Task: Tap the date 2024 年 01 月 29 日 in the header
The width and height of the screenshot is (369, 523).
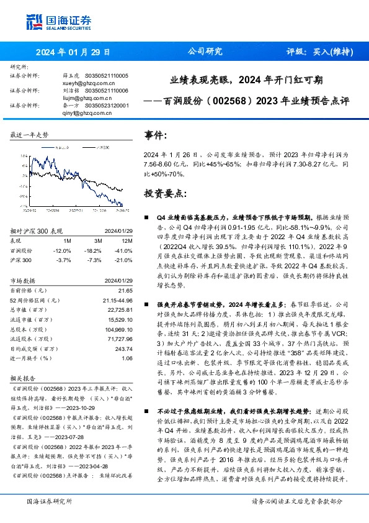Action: (x=73, y=52)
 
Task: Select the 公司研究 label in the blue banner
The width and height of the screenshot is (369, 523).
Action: (x=205, y=52)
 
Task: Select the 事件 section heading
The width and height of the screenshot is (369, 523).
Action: (x=156, y=135)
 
